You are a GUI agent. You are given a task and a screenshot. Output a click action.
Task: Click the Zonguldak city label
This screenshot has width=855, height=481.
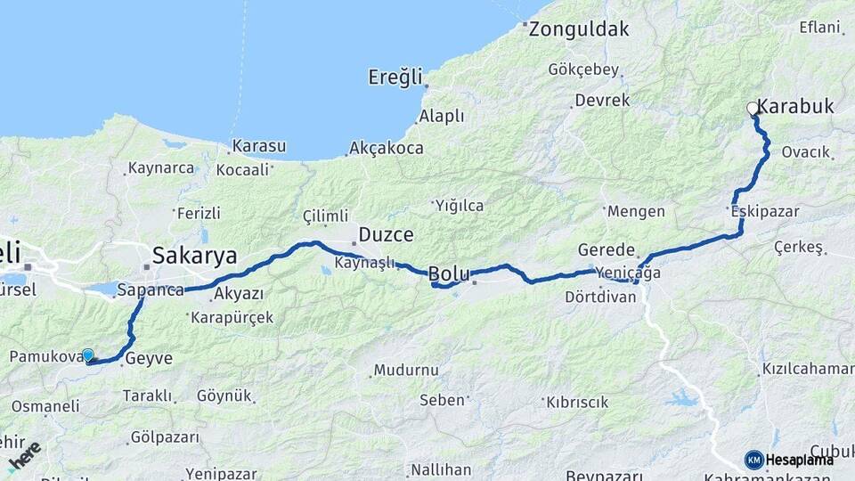click(579, 29)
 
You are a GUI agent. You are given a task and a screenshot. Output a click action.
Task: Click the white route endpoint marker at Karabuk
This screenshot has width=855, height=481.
click(753, 109)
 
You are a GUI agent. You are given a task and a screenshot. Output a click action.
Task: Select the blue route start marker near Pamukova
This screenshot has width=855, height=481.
click(88, 355)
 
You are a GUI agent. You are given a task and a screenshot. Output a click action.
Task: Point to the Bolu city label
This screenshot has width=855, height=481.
click(449, 273)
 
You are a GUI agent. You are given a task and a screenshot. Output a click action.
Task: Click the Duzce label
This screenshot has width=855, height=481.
click(386, 235)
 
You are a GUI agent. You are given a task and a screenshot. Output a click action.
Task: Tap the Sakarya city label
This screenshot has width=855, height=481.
click(194, 256)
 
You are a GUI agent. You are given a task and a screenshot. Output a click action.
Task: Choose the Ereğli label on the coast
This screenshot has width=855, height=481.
click(395, 77)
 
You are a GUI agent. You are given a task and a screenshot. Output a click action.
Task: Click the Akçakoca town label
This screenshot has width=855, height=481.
click(387, 148)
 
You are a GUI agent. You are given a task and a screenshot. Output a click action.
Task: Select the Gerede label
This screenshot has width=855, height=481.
click(607, 250)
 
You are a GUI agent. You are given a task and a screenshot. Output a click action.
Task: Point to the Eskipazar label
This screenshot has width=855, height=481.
click(764, 212)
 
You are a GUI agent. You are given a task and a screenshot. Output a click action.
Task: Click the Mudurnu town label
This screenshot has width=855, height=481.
click(406, 370)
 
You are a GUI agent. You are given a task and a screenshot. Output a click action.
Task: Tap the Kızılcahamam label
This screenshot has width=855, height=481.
click(808, 369)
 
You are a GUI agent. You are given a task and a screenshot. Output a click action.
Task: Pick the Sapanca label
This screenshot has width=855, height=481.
click(150, 290)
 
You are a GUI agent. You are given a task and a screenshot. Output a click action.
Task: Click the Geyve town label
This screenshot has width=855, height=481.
click(148, 359)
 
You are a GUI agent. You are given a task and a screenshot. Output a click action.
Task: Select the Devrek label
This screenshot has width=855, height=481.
click(602, 101)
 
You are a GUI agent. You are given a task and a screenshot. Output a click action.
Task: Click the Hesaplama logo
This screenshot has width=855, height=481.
click(789, 460)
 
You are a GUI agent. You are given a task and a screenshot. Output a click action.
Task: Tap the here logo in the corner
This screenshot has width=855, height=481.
click(24, 456)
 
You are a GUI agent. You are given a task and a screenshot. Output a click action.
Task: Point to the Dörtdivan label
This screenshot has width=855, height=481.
click(600, 297)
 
